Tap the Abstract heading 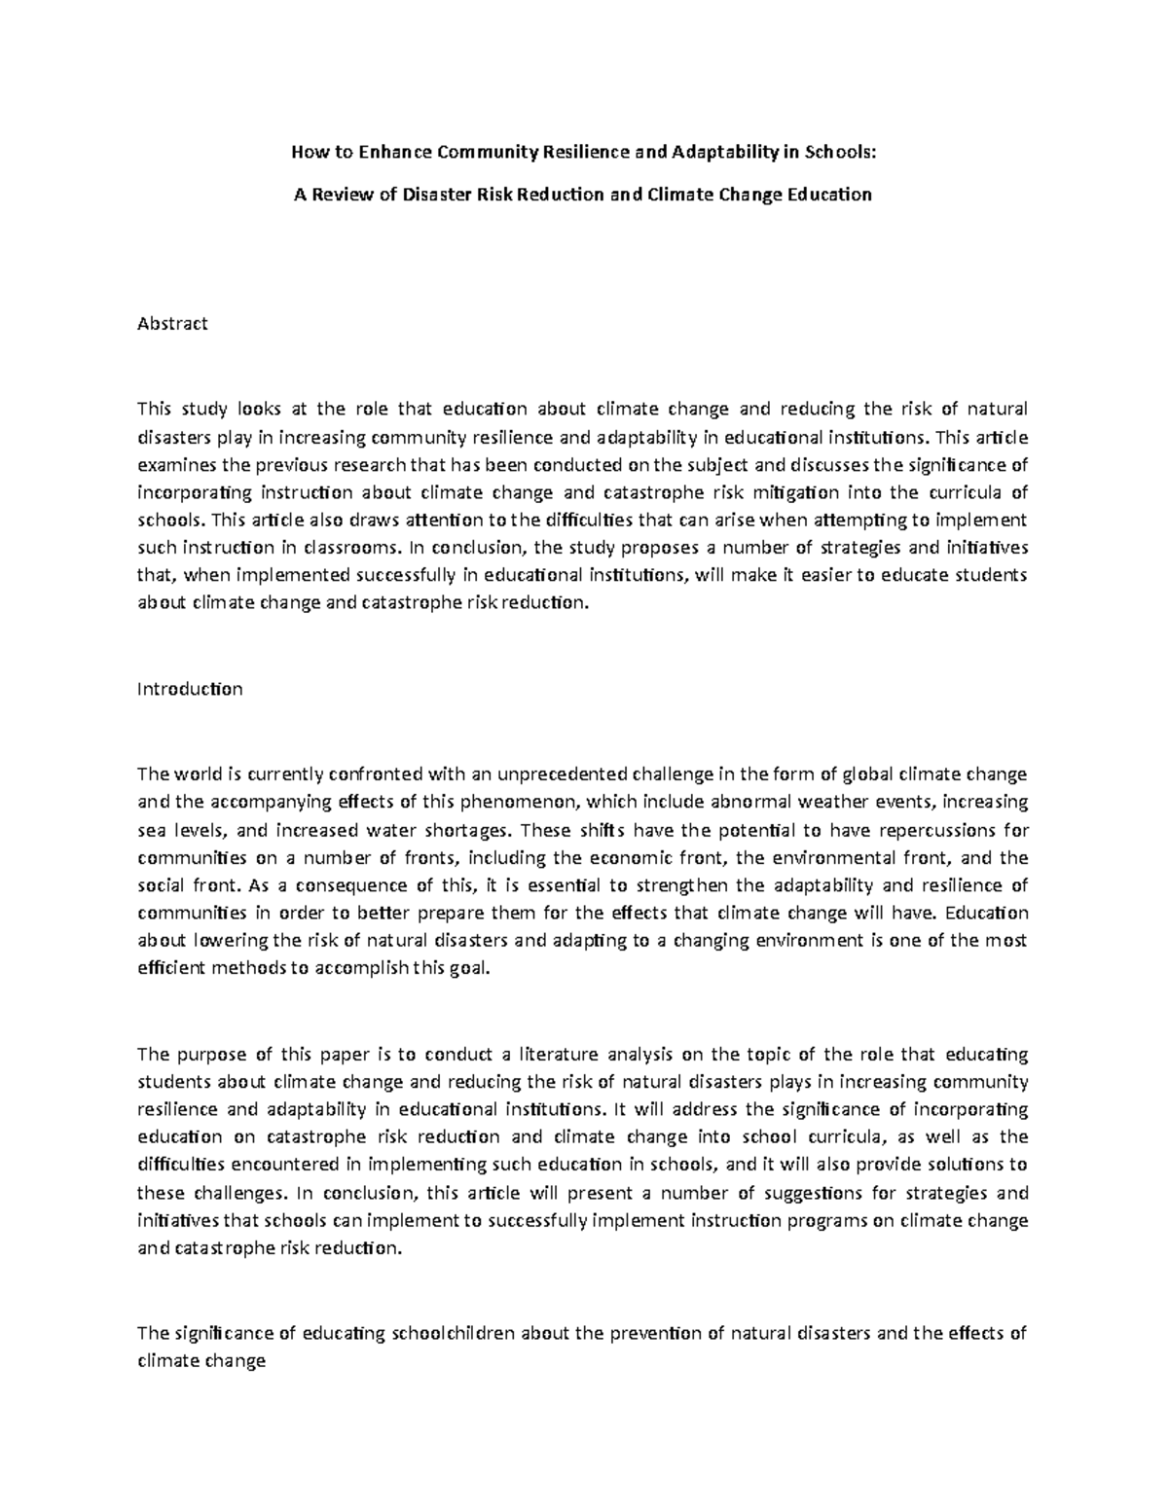(173, 324)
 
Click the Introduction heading (190, 689)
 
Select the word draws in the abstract (310, 519)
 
